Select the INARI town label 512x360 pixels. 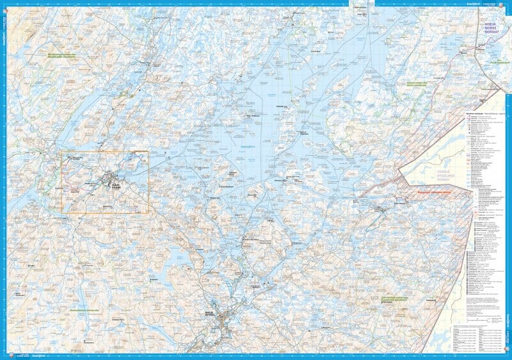click(x=115, y=184)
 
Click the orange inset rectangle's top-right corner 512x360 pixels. click(x=148, y=152)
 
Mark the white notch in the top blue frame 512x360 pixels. click(x=365, y=3)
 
